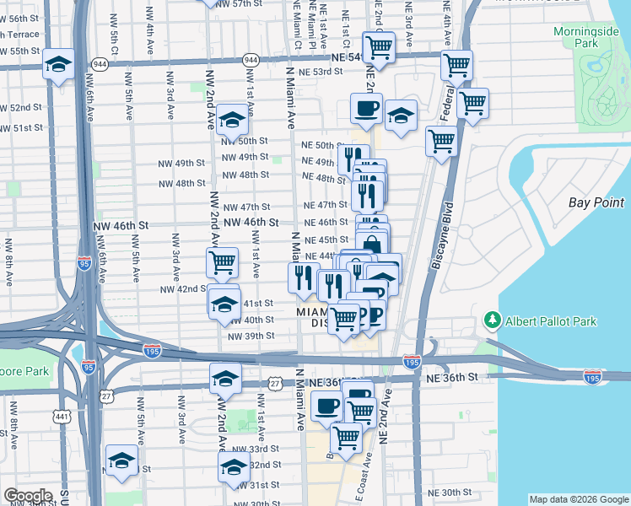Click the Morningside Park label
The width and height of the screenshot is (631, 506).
coord(580,37)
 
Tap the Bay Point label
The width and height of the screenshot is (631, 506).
coord(596,202)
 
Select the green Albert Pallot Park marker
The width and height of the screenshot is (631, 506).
coord(492,321)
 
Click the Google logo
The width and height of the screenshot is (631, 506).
coord(28,496)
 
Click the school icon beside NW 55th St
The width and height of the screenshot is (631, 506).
coord(58,67)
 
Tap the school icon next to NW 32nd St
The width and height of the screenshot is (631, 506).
coord(234,471)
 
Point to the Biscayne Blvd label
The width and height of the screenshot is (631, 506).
coord(441,236)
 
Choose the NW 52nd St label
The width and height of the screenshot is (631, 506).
coord(21,108)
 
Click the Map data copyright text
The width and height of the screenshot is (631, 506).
coord(578,499)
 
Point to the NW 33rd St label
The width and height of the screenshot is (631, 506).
coord(256,449)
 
